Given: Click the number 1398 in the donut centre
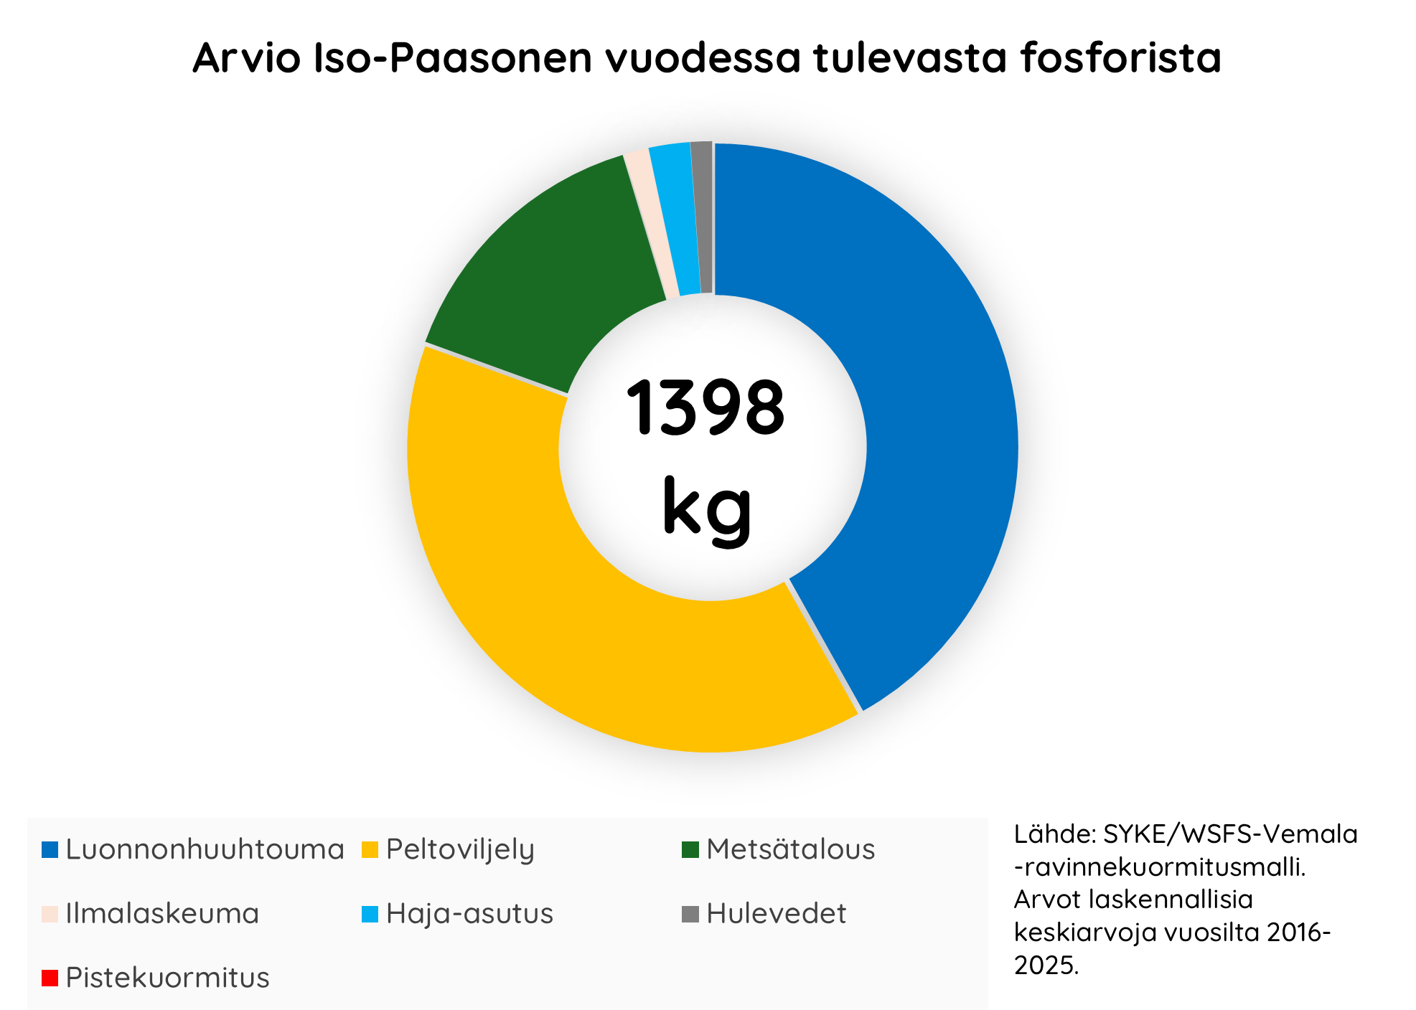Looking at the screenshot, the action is click(x=705, y=407).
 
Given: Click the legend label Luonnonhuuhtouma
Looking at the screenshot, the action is click(x=205, y=849).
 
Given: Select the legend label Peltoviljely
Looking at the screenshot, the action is click(x=460, y=850).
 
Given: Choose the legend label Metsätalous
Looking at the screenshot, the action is click(x=790, y=849).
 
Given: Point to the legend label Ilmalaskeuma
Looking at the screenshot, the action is click(x=162, y=914).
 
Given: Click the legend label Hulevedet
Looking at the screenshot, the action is click(x=776, y=914).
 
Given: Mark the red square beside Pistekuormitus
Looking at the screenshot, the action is click(x=50, y=978).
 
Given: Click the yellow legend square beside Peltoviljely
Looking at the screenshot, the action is click(x=370, y=850).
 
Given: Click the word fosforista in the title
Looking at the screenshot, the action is click(x=1120, y=57).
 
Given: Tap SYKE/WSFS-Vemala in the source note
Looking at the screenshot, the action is click(x=1230, y=834).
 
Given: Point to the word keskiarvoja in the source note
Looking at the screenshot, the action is click(x=1084, y=933).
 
